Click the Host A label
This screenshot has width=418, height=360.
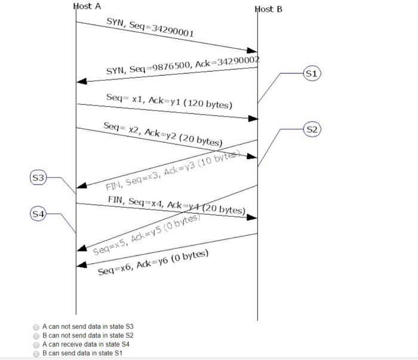[87, 7]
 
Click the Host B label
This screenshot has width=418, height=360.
[268, 9]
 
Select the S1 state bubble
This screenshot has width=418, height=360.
[312, 74]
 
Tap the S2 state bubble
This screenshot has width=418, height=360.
[312, 129]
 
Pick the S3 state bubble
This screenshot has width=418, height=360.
[38, 177]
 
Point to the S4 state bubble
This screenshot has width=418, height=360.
[38, 213]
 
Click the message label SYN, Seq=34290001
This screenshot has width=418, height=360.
[150, 27]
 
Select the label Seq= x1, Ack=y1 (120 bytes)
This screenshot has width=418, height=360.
[169, 100]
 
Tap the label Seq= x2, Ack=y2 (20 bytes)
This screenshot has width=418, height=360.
[162, 134]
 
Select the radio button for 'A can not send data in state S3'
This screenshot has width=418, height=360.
[36, 327]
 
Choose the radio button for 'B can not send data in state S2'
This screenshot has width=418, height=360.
[36, 336]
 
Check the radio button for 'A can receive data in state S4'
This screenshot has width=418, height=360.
[36, 345]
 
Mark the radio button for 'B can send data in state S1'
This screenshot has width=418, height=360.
[36, 353]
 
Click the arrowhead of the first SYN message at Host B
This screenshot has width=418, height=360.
[253, 50]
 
